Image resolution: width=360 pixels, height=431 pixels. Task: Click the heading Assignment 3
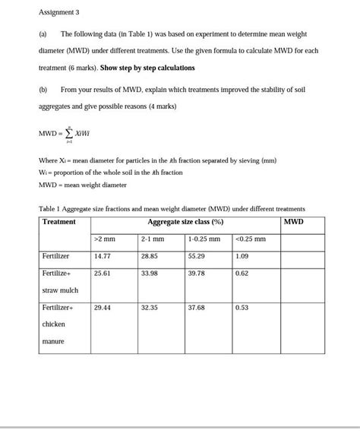pyautogui.click(x=58, y=12)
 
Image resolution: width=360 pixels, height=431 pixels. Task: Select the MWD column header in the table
pyautogui.click(x=293, y=222)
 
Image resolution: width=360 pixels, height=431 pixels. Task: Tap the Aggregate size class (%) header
pyautogui.click(x=185, y=222)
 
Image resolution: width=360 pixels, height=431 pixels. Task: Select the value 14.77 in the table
pyautogui.click(x=103, y=256)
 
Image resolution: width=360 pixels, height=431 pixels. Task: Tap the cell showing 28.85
pyautogui.click(x=150, y=256)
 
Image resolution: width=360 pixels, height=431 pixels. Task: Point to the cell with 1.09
pyautogui.click(x=242, y=256)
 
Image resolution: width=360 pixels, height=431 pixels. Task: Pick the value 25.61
pyautogui.click(x=103, y=273)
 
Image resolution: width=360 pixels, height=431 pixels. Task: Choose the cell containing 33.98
pyautogui.click(x=150, y=273)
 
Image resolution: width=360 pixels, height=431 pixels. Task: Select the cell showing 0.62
pyautogui.click(x=242, y=273)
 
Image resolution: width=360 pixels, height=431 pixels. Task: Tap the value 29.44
pyautogui.click(x=103, y=308)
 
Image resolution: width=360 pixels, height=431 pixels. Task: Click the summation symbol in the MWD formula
pyautogui.click(x=69, y=135)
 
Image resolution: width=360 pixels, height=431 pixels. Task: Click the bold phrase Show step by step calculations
pyautogui.click(x=147, y=68)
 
